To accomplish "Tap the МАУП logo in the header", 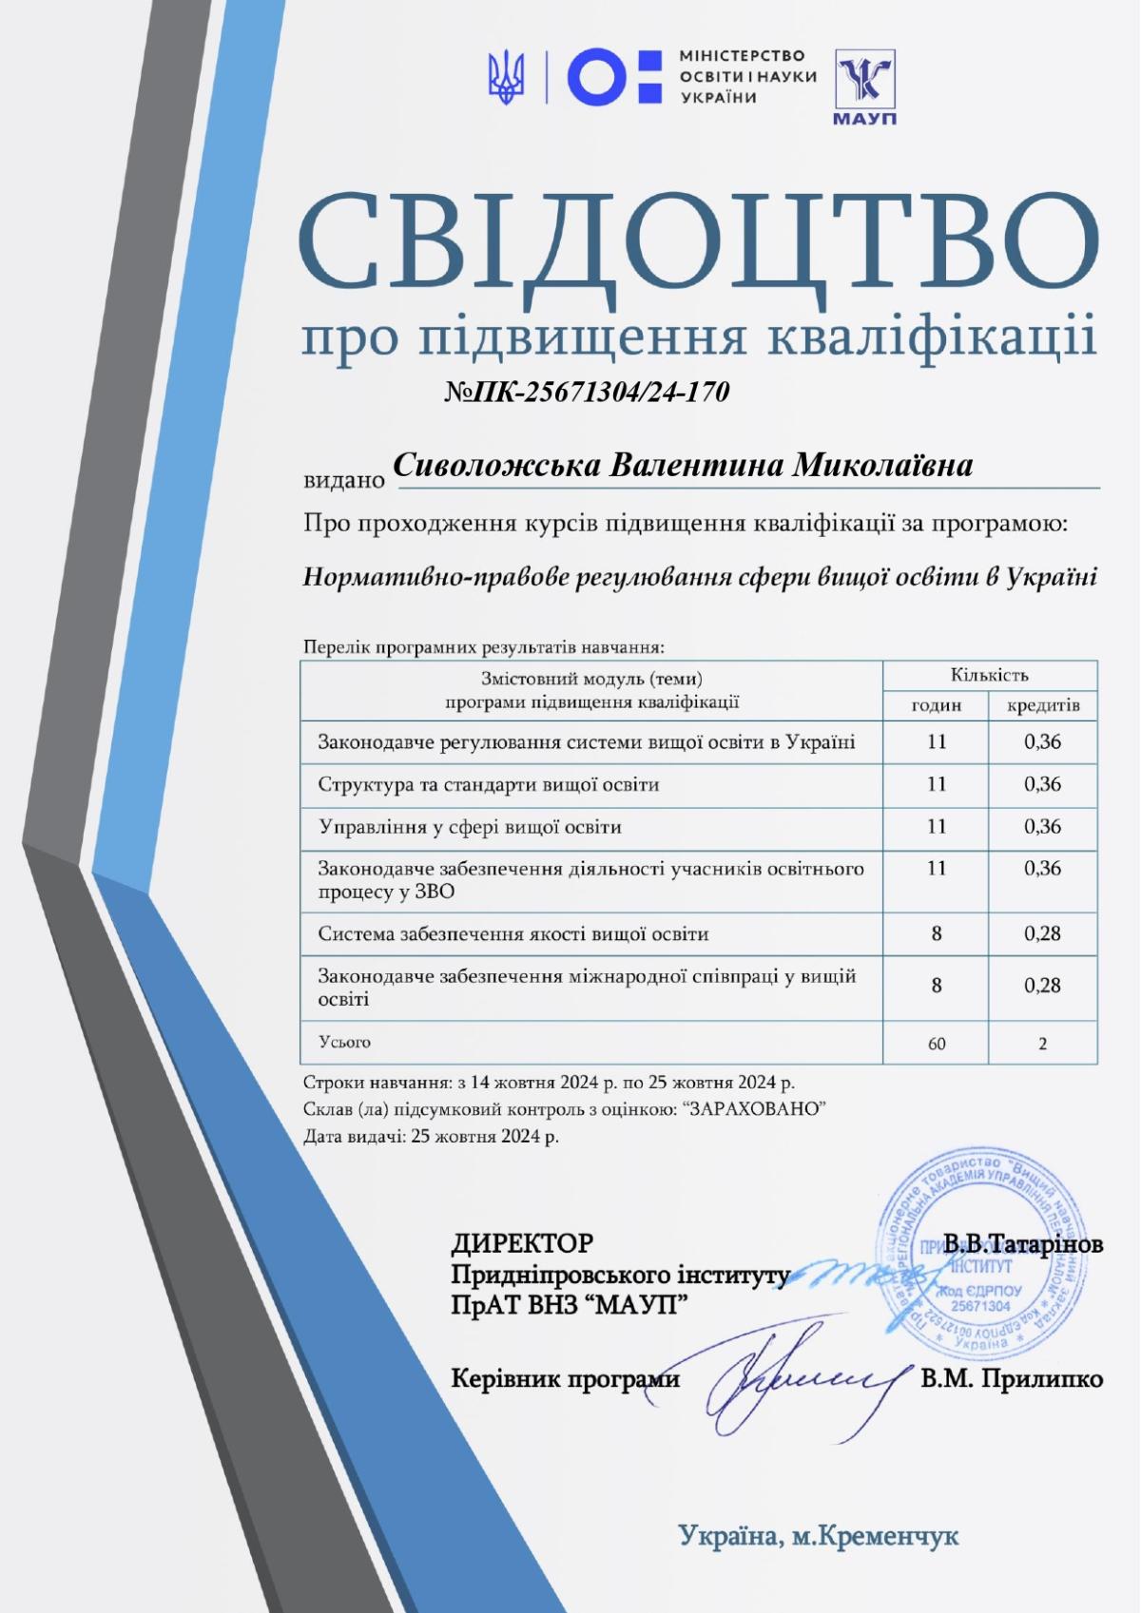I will tap(864, 86).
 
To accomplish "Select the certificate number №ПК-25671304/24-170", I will tap(587, 392).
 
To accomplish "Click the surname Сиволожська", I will tap(495, 466).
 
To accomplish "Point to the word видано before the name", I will tap(344, 480).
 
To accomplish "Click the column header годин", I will tap(937, 705).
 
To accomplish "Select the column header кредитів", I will tap(1043, 705).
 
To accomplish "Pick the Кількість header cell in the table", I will tap(989, 676).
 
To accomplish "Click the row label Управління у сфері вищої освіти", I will tap(470, 827).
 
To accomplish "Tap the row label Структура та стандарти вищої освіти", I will tap(489, 785).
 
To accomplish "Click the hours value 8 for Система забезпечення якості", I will tap(937, 933).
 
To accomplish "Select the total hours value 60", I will tap(937, 1044).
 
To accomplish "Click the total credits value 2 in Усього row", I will tap(1043, 1044).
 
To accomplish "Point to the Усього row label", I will tap(344, 1043).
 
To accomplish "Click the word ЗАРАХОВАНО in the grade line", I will tap(752, 1109).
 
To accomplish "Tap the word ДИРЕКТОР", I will tap(522, 1242).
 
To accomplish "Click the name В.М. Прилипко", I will tap(1012, 1378).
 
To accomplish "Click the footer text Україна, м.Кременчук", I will tap(819, 1535).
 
